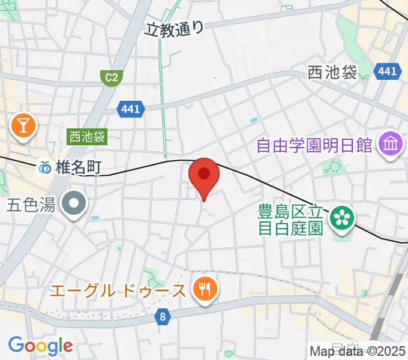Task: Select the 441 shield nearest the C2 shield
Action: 131,109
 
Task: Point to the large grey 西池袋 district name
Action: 332,73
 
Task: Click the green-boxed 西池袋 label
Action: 86,137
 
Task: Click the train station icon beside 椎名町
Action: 46,169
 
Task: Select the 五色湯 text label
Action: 31,205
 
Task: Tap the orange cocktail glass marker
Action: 24,126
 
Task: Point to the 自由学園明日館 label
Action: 315,145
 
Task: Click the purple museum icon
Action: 391,145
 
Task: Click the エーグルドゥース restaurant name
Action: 118,291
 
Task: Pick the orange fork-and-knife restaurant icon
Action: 205,290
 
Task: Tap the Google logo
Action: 40,345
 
